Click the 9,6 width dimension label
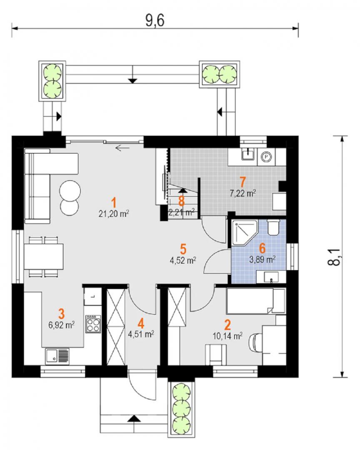coord(155,21)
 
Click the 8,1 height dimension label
coord(334,257)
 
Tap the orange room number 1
coord(114,202)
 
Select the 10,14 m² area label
coord(227,336)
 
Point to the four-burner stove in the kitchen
coord(93,324)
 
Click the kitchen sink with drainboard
coord(57,356)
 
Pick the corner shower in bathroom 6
coord(244,233)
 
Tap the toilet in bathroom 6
coord(273,227)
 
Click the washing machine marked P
coord(266,157)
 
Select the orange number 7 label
coord(242,182)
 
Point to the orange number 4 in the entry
coord(141,324)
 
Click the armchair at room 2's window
coord(216,355)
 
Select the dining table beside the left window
coord(44,256)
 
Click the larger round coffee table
coord(70,191)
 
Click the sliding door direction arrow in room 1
coord(122,148)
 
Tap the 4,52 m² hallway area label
coord(183,260)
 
